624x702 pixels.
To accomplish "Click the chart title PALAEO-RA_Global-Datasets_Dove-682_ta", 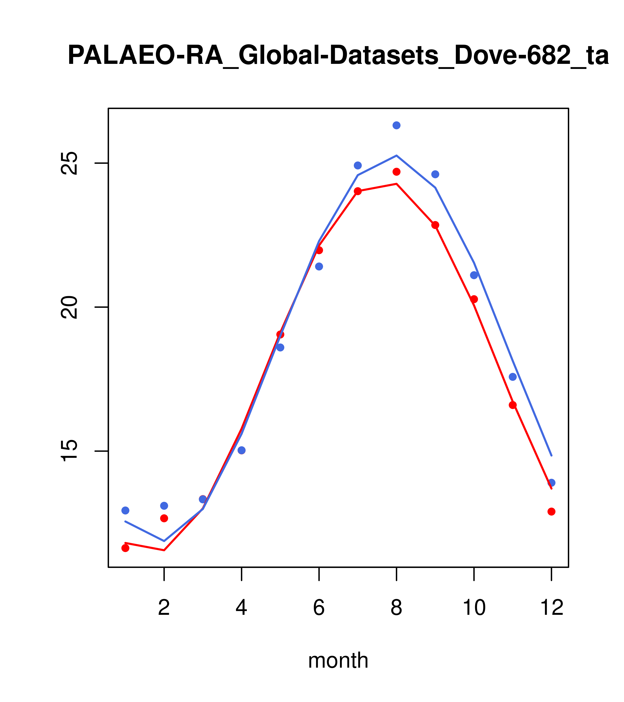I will (338, 56).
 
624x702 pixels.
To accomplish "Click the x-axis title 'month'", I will (338, 660).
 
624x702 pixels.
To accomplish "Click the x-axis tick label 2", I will (164, 608).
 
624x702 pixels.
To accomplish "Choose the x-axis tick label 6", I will (319, 608).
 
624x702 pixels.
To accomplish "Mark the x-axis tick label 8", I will (396, 608).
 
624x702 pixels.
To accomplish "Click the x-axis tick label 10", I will (474, 608).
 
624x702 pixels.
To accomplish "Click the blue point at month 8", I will (396, 125).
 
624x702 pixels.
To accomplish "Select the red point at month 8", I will (396, 172).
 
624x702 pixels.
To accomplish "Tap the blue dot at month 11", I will (513, 377).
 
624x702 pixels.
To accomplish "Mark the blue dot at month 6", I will (319, 266).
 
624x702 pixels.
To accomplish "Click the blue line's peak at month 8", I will (396, 156).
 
